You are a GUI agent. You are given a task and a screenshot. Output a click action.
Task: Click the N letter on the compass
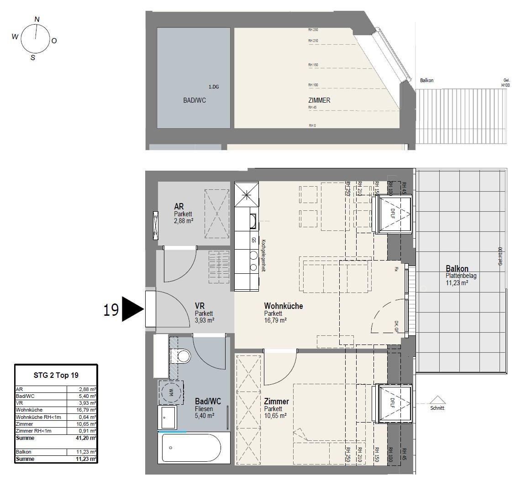[x=37, y=19]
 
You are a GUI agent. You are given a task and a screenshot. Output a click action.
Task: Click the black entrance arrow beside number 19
[x=132, y=310]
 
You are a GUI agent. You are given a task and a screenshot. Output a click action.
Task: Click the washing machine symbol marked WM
[x=171, y=392]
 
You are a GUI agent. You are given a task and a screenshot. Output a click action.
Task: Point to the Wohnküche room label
[x=283, y=306]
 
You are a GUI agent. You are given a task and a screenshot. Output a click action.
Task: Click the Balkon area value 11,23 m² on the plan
[x=457, y=282]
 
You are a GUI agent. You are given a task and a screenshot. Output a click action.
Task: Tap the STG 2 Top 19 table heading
[x=56, y=376]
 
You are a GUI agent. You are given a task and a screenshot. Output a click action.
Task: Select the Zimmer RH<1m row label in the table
[x=34, y=431]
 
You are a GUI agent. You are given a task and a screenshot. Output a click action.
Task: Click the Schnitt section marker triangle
[x=437, y=400]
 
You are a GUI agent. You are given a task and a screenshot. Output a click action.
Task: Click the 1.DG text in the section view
[x=214, y=87]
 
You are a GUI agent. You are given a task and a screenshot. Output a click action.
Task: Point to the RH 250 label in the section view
[x=313, y=30]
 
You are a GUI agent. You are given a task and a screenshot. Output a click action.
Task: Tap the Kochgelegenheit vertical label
[x=263, y=256]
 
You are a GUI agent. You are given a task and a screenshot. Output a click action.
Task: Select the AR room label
[x=179, y=207]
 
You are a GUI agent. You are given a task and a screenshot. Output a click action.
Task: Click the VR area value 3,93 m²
[x=204, y=320]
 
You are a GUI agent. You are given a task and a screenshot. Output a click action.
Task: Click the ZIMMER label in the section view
[x=319, y=100]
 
